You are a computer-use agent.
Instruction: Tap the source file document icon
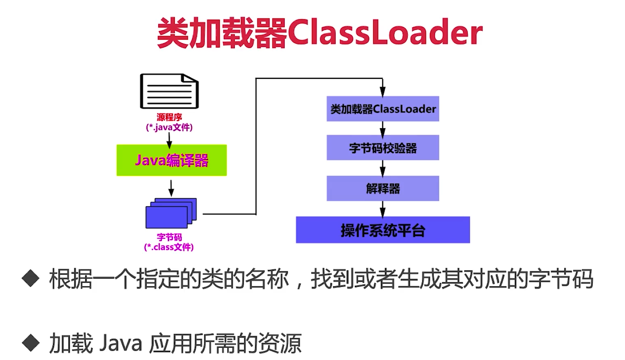(x=169, y=91)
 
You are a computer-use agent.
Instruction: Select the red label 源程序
(x=169, y=118)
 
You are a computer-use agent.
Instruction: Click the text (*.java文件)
(x=169, y=127)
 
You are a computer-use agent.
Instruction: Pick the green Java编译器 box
(x=171, y=160)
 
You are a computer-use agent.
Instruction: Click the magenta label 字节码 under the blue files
(x=169, y=238)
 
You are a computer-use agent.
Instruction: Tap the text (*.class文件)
(x=169, y=247)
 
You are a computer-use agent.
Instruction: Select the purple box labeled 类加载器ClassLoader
(x=383, y=109)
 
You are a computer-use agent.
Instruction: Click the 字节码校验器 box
(x=383, y=148)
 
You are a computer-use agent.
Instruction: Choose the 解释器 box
(x=383, y=189)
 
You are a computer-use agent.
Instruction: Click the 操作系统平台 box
(x=383, y=230)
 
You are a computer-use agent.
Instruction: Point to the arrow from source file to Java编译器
(x=169, y=138)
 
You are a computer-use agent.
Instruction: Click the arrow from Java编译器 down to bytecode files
(x=171, y=187)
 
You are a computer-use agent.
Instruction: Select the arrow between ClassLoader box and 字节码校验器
(x=383, y=128)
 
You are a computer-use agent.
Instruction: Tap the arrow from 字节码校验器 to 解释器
(x=383, y=168)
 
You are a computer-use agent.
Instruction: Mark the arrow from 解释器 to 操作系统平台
(x=383, y=208)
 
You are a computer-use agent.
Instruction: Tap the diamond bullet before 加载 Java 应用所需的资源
(x=31, y=341)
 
